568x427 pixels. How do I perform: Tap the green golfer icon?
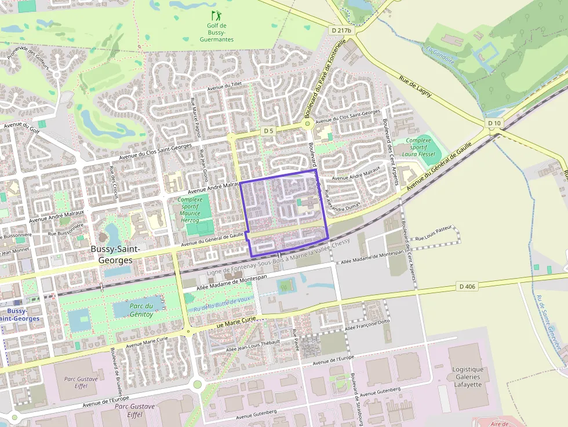(x=216, y=15)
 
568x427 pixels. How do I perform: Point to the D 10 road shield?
(x=494, y=123)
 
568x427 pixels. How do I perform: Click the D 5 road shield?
(x=268, y=131)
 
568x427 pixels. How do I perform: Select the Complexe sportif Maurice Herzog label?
(x=194, y=210)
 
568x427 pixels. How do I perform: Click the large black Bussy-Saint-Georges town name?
(x=112, y=254)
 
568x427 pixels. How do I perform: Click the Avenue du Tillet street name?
(x=224, y=86)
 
